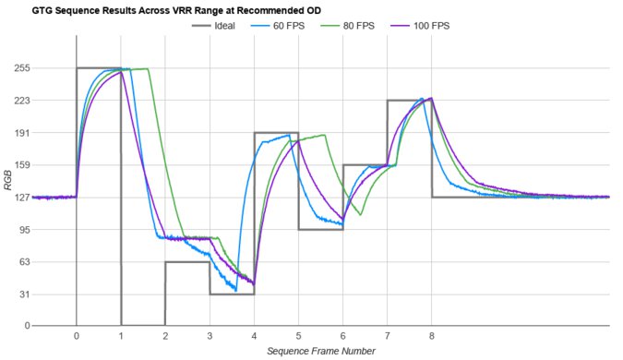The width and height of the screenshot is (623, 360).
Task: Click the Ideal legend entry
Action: [x=239, y=26]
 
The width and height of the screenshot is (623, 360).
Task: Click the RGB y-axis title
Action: [x=8, y=197]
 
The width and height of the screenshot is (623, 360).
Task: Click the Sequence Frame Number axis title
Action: [x=321, y=352]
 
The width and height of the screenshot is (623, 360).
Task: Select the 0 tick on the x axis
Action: [x=77, y=336]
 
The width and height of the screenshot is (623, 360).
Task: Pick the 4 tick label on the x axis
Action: [x=254, y=336]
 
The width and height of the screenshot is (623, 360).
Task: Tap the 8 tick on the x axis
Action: [x=431, y=336]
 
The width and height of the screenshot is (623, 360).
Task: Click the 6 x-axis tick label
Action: [x=342, y=336]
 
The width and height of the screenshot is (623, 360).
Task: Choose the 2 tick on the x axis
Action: [x=165, y=336]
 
